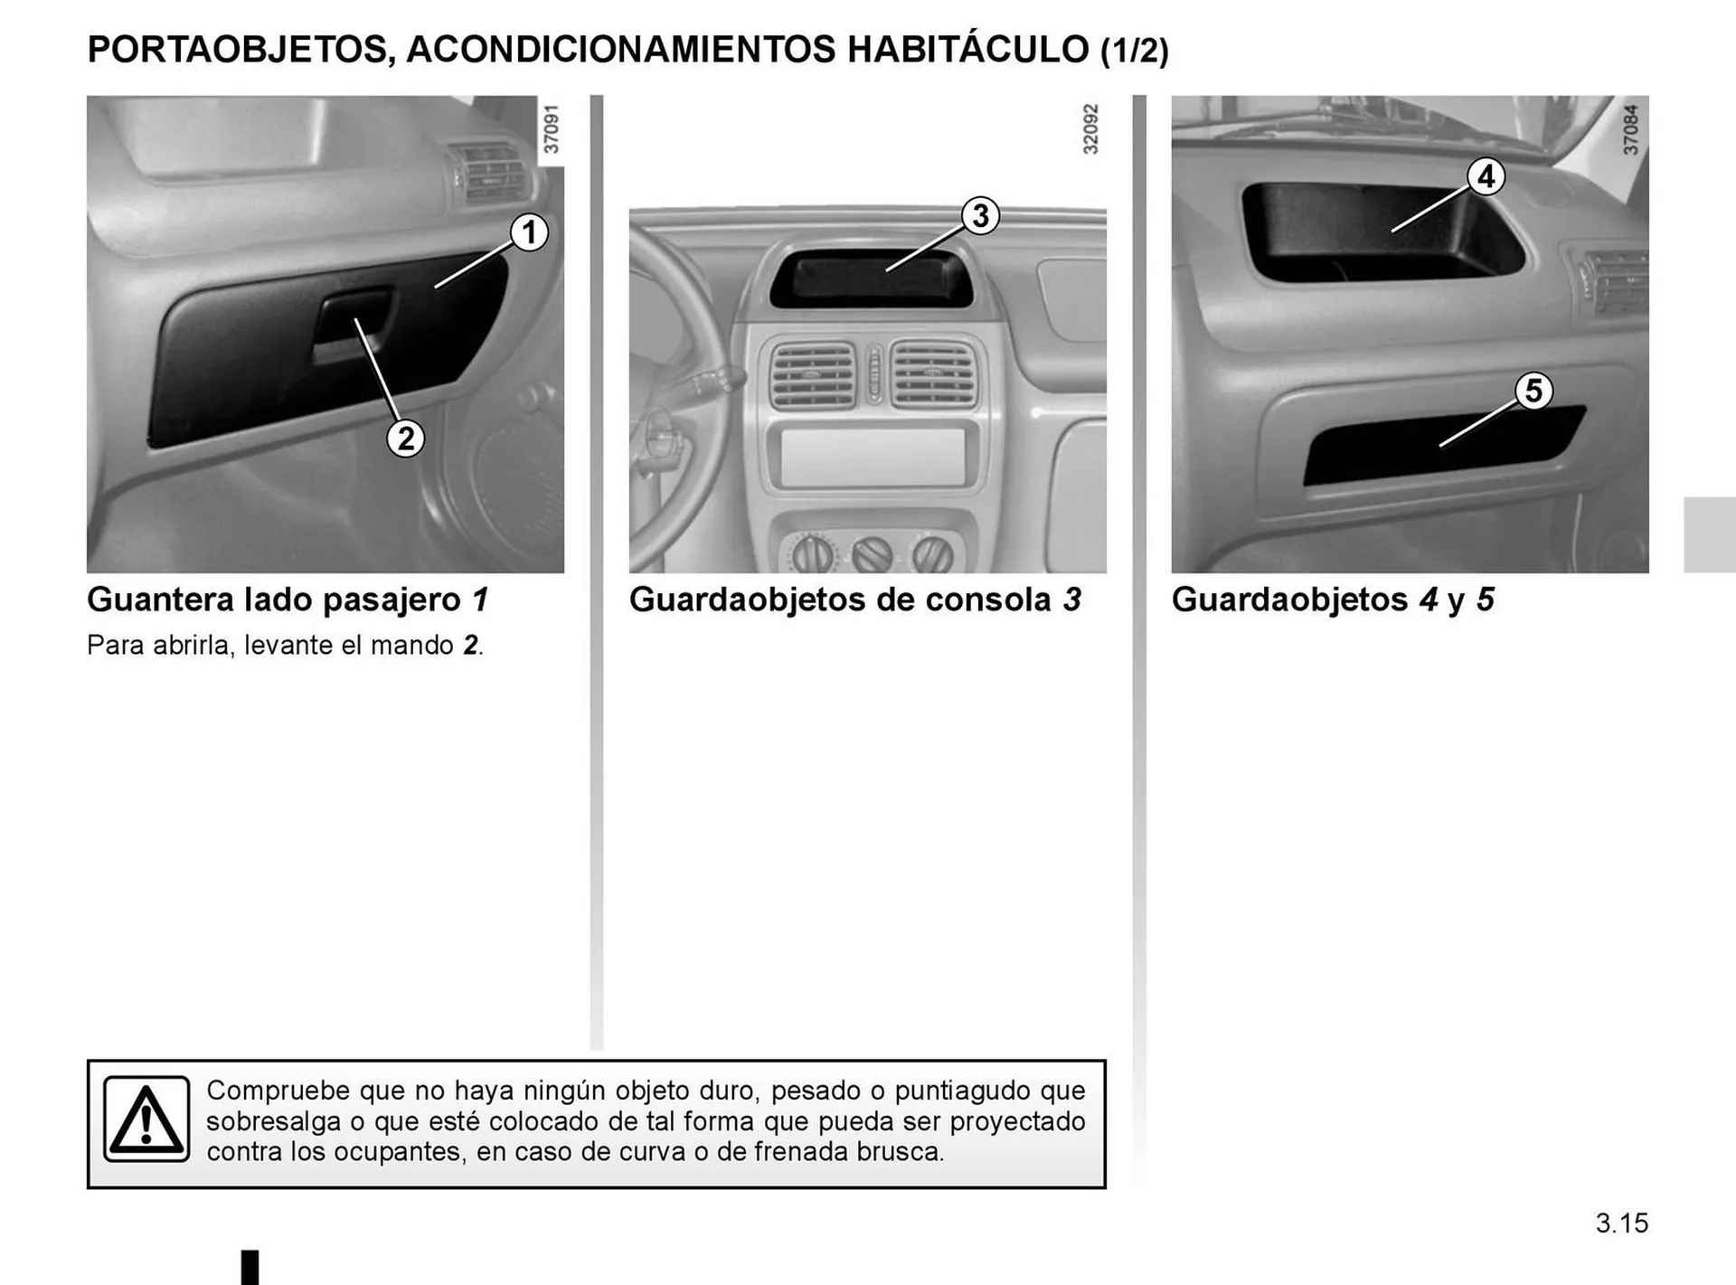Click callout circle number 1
coord(529,232)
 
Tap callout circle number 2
coord(406,439)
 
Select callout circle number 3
coord(980,216)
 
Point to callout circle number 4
coord(1486,176)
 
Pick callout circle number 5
coord(1533,391)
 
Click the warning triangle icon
coord(146,1119)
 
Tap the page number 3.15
coord(1621,1224)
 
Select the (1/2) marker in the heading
coord(1134,52)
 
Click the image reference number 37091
coord(552,129)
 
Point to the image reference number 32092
coord(1090,129)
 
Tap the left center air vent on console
coord(812,374)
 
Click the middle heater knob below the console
coord(873,554)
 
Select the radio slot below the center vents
coord(872,458)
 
